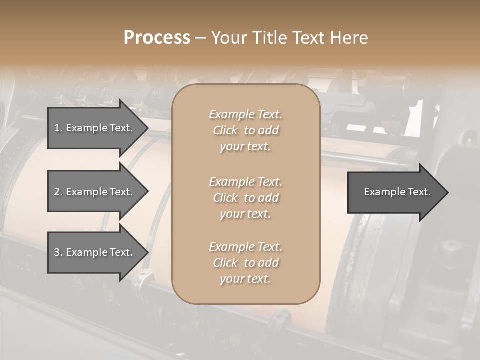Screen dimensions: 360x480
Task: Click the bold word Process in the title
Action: (x=157, y=38)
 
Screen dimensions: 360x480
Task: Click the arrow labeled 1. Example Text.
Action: (x=95, y=128)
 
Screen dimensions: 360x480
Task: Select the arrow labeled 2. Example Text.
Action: (x=95, y=192)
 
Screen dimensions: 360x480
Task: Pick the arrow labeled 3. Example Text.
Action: (x=95, y=252)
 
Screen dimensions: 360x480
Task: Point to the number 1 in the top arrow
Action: (x=57, y=128)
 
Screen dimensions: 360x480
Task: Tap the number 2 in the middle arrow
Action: (x=57, y=192)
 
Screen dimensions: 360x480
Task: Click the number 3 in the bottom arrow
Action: (x=57, y=252)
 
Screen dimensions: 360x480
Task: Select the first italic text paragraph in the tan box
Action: (x=245, y=130)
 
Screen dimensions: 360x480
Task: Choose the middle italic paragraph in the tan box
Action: (x=245, y=198)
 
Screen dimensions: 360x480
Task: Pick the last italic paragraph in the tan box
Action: (x=245, y=263)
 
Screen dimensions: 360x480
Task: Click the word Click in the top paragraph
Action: (x=225, y=130)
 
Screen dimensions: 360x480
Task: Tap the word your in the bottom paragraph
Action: (x=231, y=279)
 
